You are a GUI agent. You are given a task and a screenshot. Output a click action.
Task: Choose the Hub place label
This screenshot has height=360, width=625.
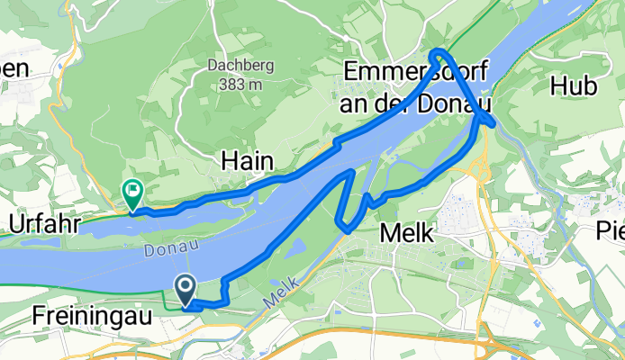click(x=574, y=87)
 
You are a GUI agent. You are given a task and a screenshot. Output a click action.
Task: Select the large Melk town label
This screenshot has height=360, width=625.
click(x=407, y=232)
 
